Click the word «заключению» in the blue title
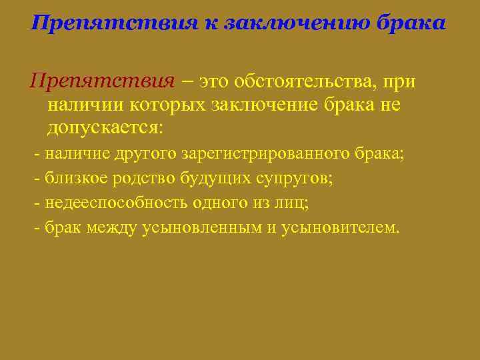[x=290, y=23]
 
